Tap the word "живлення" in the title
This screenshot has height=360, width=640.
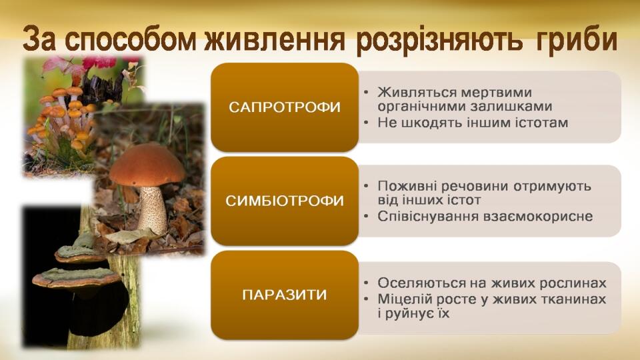click(275, 39)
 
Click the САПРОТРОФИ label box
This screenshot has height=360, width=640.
click(285, 107)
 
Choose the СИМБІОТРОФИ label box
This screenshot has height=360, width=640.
click(285, 201)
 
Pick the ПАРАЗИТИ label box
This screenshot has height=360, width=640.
click(285, 295)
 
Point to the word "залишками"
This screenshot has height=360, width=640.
click(511, 107)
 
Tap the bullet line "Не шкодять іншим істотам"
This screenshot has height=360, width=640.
click(473, 123)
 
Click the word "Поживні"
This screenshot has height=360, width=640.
click(403, 186)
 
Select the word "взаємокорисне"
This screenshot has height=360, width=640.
click(538, 216)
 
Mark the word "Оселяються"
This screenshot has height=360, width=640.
click(414, 283)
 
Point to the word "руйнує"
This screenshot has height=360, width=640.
click(409, 314)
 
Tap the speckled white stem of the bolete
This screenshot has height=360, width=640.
click(151, 209)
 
